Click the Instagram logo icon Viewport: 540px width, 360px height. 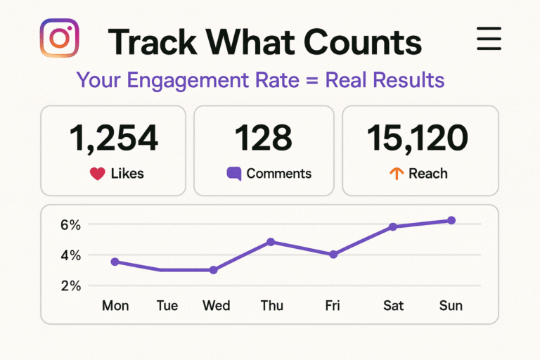(60, 38)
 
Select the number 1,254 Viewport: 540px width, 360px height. (113, 139)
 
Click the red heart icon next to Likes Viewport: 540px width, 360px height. (98, 174)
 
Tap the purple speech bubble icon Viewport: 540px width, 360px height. (233, 174)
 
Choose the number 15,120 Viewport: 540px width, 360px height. (418, 139)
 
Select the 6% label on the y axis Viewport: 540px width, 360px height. (71, 225)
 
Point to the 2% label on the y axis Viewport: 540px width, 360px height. (71, 285)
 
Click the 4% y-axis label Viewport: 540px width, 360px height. (71, 255)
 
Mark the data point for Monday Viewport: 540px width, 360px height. (115, 262)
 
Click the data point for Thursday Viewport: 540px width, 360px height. (270, 242)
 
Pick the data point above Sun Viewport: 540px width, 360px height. (451, 220)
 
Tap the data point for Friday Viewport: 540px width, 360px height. (333, 254)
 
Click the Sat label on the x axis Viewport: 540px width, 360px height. (393, 306)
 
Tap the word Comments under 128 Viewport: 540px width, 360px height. (279, 174)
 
